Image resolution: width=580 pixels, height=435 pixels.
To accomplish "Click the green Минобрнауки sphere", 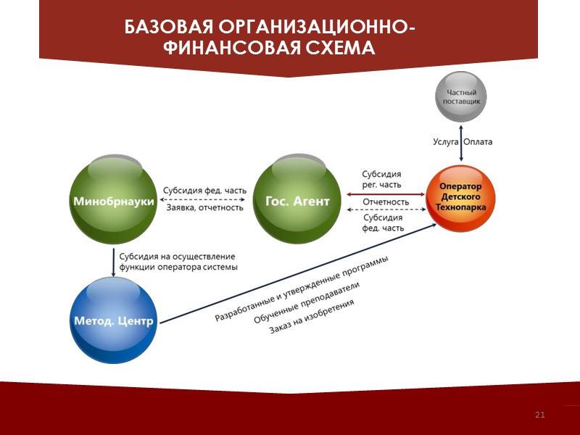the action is [x=113, y=201].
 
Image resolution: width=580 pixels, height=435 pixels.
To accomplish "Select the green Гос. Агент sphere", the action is [x=297, y=201].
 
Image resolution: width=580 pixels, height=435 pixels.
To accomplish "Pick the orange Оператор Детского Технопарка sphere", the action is [x=463, y=197].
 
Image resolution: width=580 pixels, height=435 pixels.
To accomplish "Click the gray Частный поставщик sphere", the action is [x=460, y=97].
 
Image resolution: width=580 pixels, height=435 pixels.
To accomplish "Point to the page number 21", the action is [x=539, y=415].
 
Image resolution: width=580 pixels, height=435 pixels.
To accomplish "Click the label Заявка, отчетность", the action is [x=204, y=208].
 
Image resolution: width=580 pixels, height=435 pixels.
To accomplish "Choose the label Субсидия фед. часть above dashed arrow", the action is [x=204, y=191].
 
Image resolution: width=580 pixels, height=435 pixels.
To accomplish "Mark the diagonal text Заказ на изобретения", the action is [x=312, y=317].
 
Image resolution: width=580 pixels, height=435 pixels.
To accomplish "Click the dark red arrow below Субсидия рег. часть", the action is [x=385, y=194].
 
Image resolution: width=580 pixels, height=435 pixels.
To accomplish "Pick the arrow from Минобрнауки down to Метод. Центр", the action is [x=114, y=262].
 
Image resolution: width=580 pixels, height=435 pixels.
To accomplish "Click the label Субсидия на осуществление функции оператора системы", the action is [x=178, y=261].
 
